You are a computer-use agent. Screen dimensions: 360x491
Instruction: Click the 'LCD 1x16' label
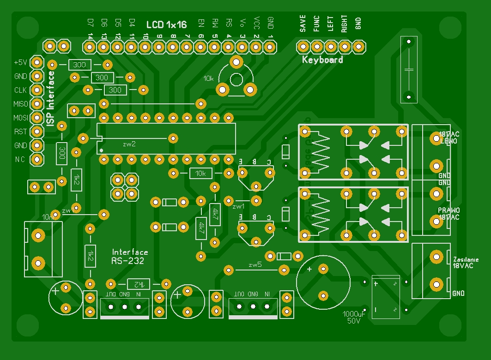pos(167,24)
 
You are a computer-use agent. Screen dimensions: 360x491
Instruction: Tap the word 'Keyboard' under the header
pos(322,60)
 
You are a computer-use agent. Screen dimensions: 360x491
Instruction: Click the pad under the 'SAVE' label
pos(303,47)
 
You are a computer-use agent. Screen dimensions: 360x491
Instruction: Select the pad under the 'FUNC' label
pos(317,47)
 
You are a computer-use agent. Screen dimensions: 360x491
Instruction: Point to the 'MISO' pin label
pos(21,104)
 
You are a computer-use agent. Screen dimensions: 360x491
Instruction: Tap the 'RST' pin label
pos(21,132)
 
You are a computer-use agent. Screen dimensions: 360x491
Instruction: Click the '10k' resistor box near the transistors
pos(201,174)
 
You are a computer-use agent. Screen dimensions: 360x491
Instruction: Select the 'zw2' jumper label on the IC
pos(129,144)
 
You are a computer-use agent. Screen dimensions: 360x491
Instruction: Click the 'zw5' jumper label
pos(255,265)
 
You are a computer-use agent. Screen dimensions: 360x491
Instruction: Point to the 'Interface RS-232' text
pos(130,257)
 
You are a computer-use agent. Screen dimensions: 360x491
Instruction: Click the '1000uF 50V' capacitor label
pos(354,318)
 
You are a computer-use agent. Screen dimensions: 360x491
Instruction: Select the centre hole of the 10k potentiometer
pos(236,78)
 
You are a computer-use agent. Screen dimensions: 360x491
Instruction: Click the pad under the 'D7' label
pos(90,47)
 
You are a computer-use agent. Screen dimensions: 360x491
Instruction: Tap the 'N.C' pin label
pos(20,160)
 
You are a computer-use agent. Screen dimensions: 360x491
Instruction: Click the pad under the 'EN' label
pos(200,47)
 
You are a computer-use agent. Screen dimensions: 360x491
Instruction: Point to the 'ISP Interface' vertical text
pos(51,98)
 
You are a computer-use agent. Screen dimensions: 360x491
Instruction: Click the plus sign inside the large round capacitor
pos(309,269)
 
